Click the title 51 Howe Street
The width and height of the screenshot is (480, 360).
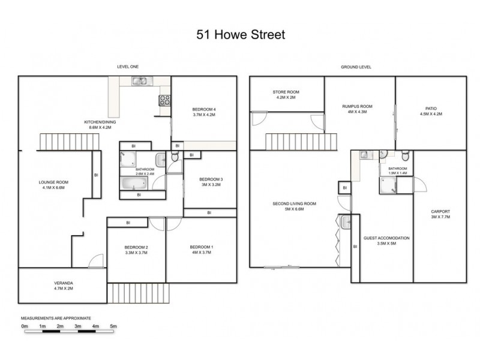click(241, 35)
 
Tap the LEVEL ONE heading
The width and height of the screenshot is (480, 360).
click(128, 67)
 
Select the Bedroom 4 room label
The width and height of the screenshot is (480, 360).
click(204, 112)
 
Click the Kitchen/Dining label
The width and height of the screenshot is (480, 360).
click(100, 125)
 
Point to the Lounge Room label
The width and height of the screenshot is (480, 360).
click(54, 185)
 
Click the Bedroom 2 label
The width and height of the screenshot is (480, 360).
click(136, 250)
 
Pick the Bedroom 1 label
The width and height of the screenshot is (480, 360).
click(201, 250)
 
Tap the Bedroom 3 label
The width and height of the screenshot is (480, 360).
click(211, 182)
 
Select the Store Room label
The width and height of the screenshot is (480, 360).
click(286, 94)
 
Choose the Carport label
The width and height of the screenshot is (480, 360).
click(440, 214)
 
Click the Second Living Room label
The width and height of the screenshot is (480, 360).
click(294, 206)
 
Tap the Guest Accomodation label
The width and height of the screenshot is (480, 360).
click(386, 241)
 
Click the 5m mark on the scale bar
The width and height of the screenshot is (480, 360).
click(113, 326)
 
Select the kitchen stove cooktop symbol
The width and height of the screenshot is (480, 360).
click(164, 101)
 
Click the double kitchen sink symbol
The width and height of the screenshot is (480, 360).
click(140, 81)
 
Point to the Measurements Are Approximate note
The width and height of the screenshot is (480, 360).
click(56, 318)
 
